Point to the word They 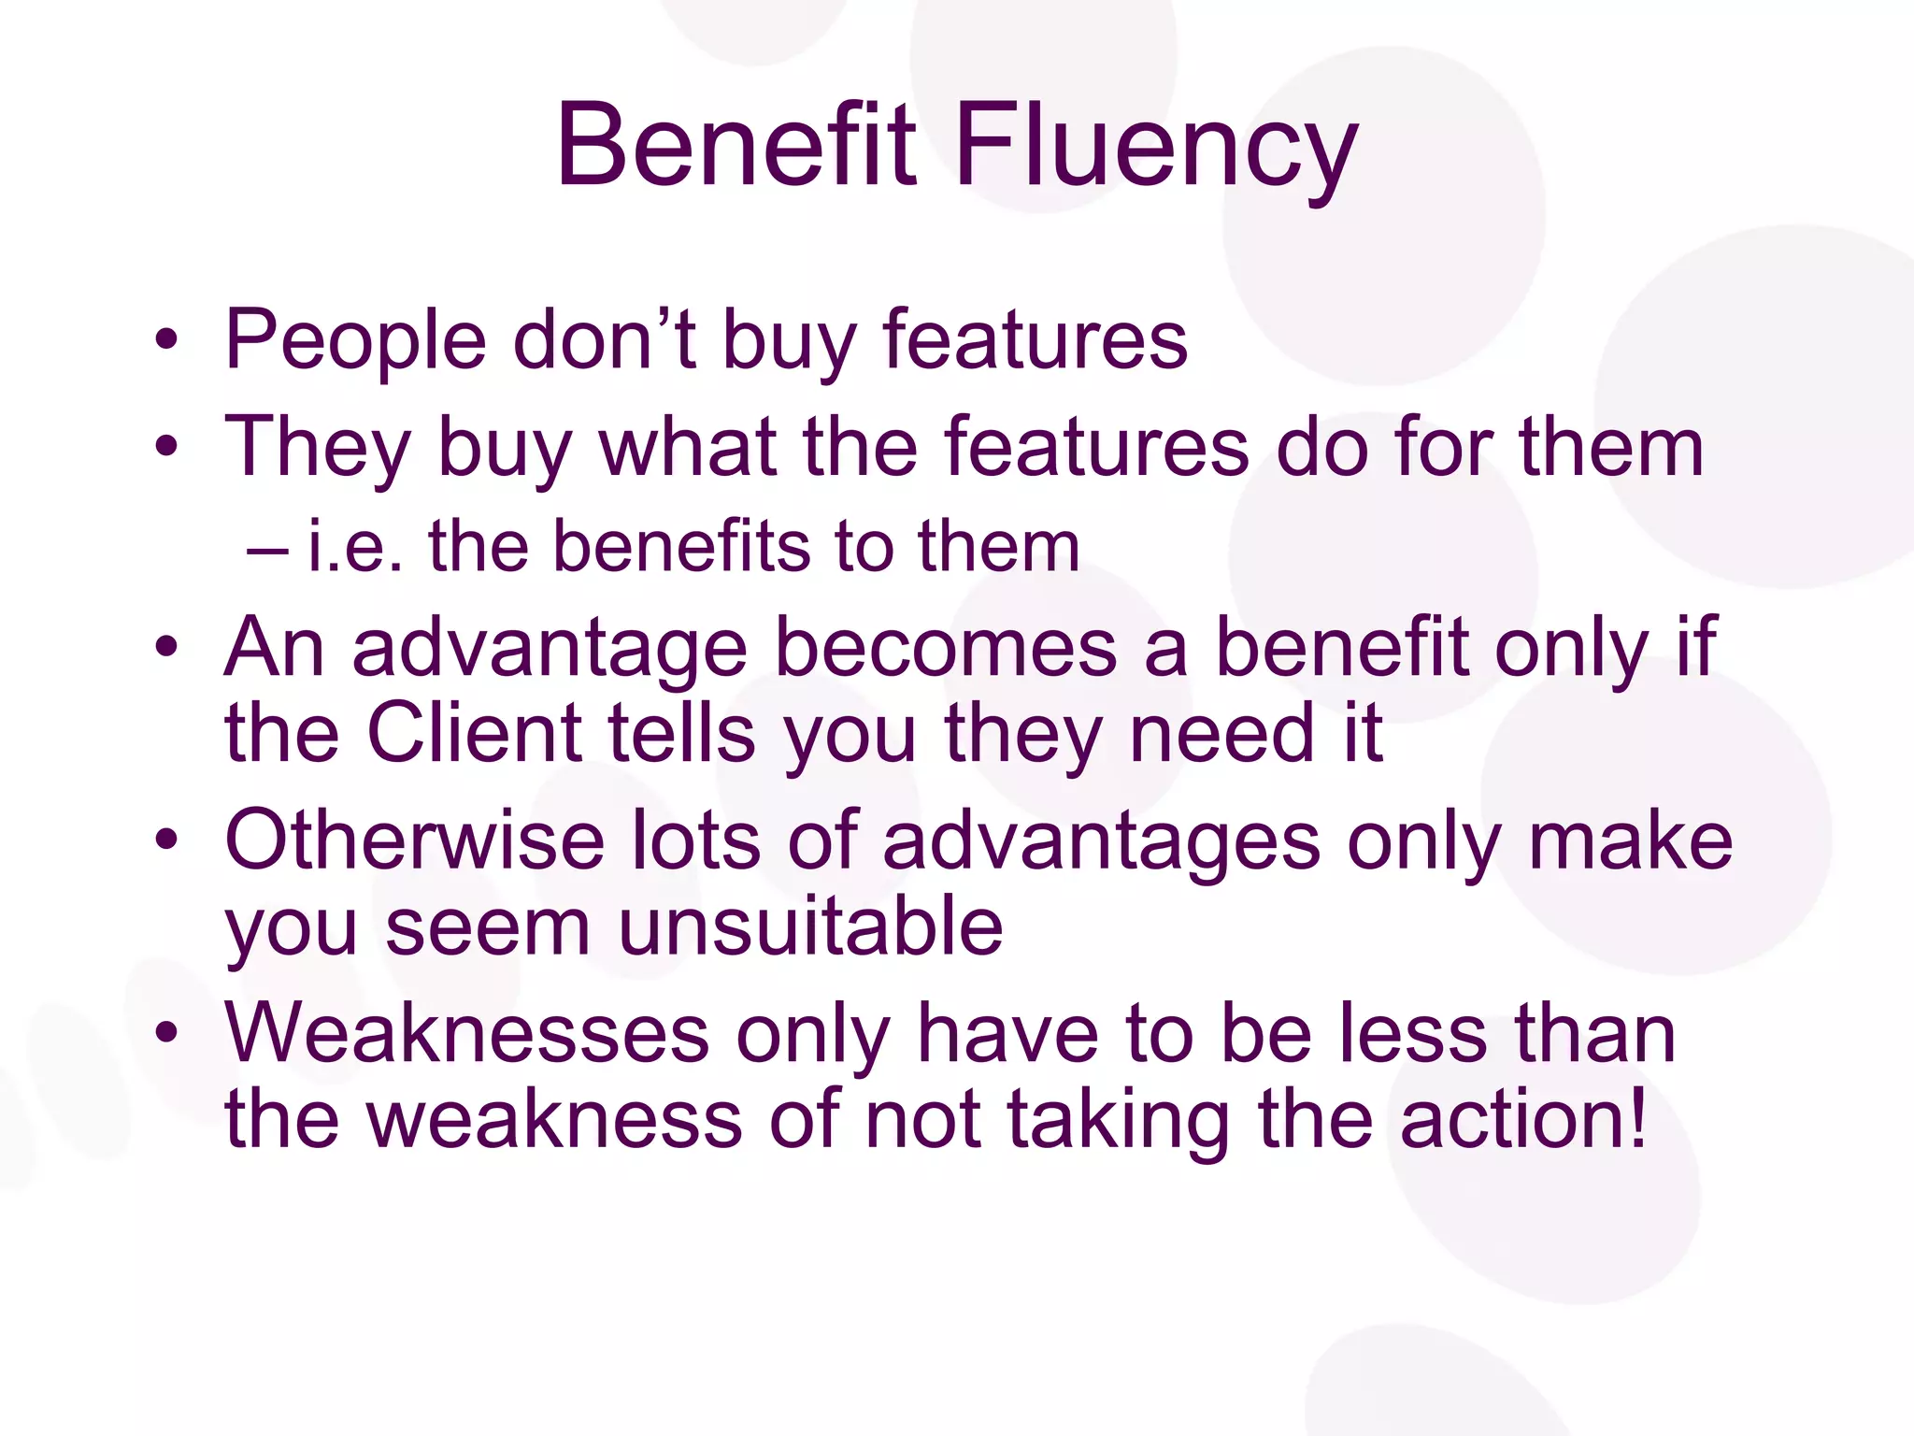point(318,449)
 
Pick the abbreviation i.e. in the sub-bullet point(355,547)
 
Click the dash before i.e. point(267,549)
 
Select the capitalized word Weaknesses point(467,1034)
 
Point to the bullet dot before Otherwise point(166,840)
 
